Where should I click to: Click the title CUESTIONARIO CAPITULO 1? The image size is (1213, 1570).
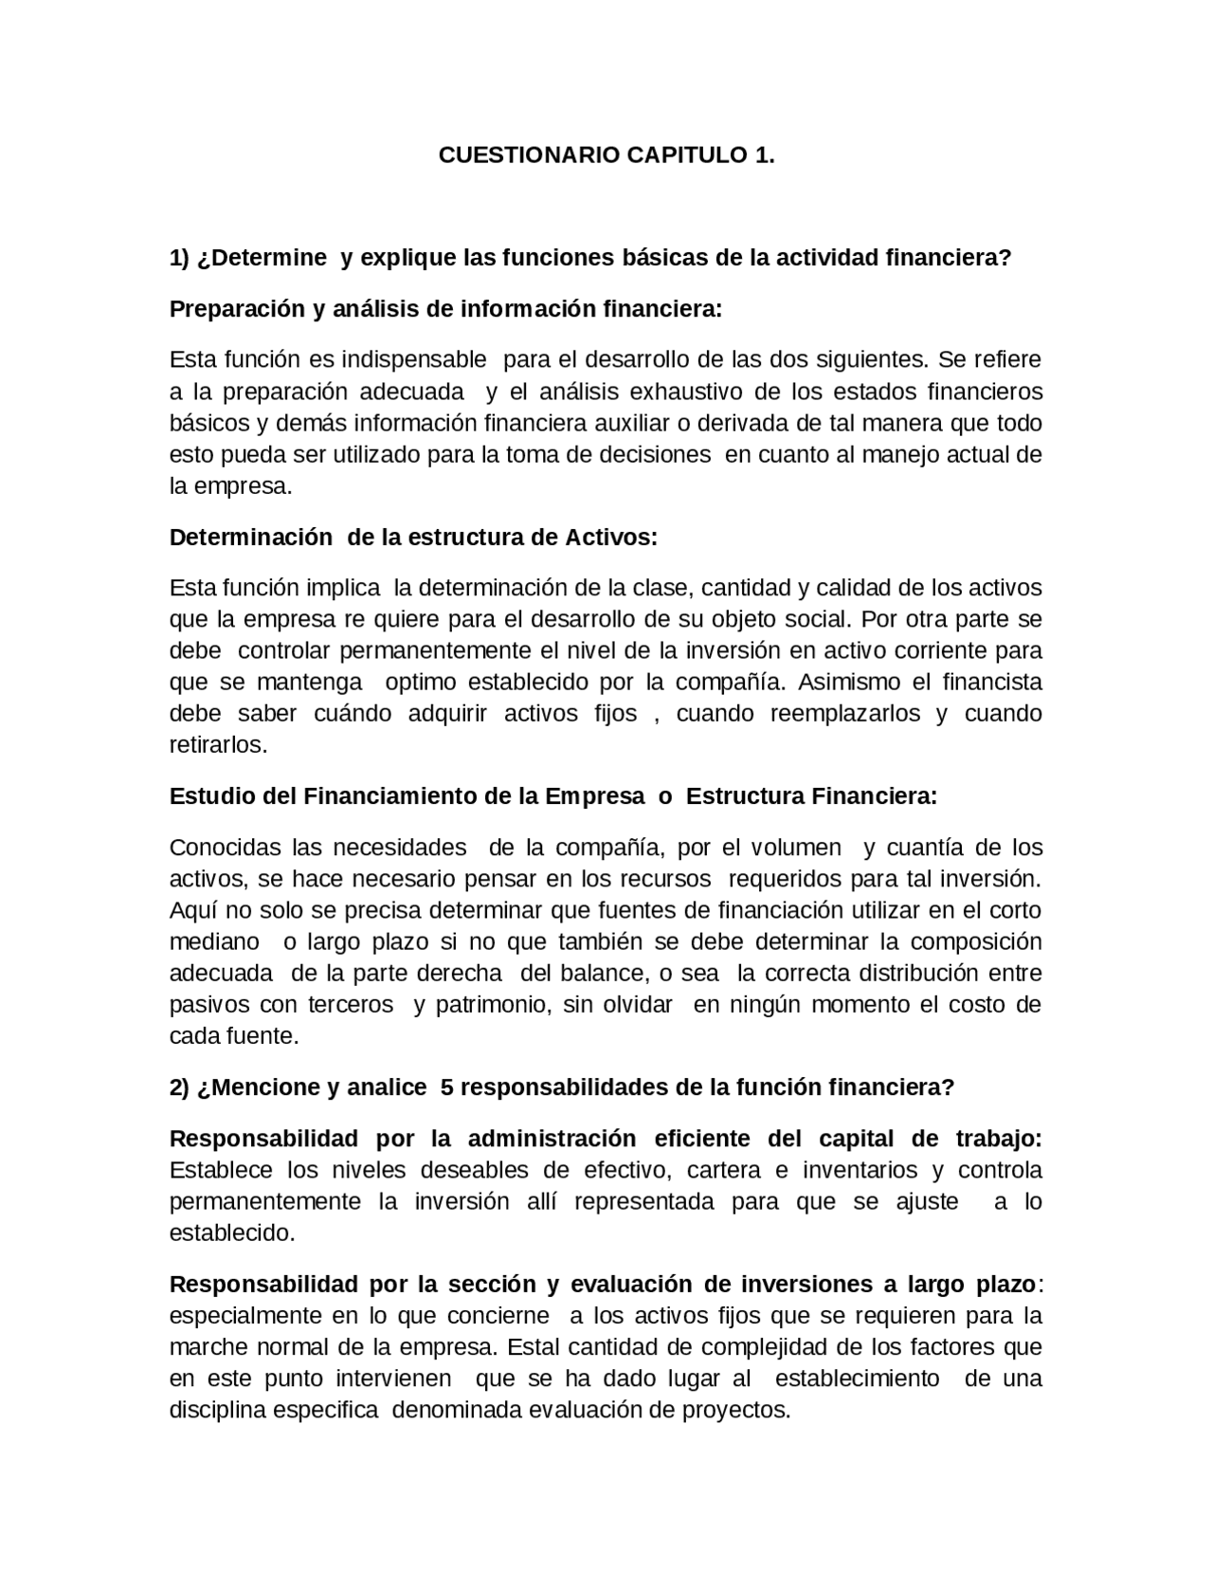pyautogui.click(x=606, y=155)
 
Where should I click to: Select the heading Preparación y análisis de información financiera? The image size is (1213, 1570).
pyautogui.click(x=445, y=309)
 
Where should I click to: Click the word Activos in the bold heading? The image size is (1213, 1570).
pyautogui.click(x=610, y=538)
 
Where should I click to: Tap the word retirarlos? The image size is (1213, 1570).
pyautogui.click(x=218, y=745)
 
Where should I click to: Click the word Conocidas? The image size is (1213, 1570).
pyautogui.click(x=226, y=848)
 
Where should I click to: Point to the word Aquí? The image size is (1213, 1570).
pyautogui.click(x=191, y=911)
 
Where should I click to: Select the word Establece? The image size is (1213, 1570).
pyautogui.click(x=221, y=1171)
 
